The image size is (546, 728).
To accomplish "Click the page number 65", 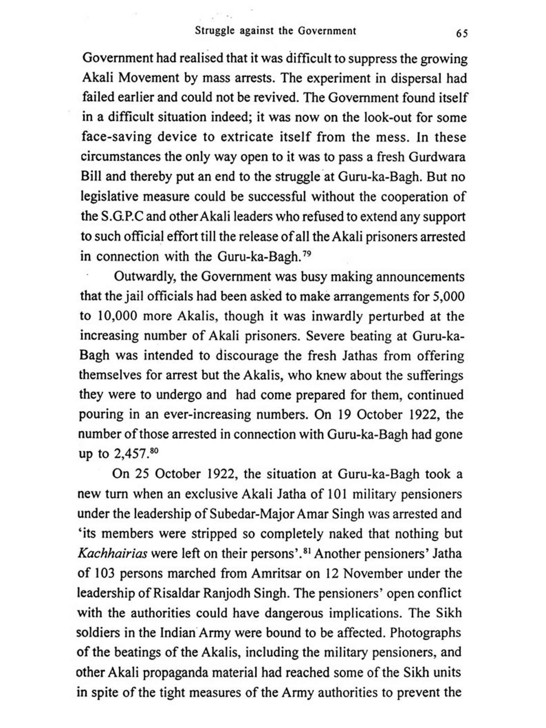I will coord(461,33).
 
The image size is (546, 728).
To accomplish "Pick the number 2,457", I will coord(130,454).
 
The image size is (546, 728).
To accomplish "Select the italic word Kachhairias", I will coord(112,554).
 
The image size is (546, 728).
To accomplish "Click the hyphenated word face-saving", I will coord(116,138).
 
